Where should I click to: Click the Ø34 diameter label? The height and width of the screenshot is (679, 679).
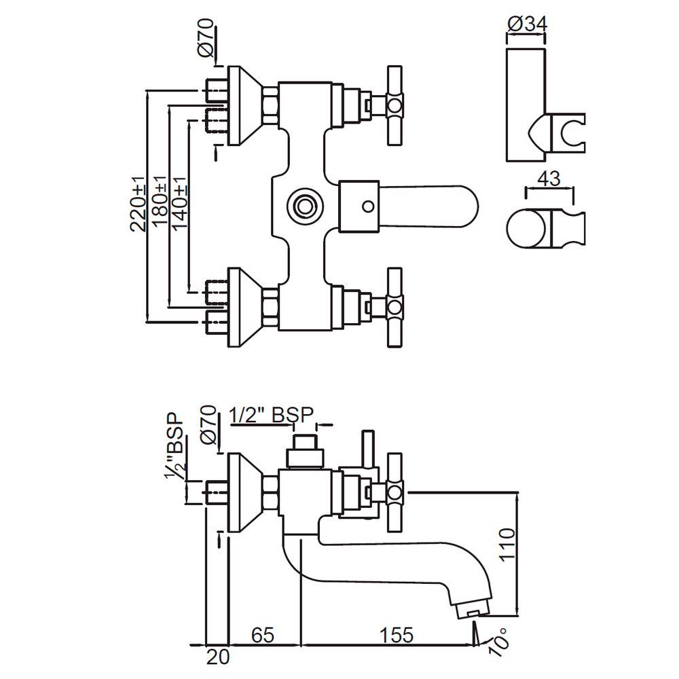526,24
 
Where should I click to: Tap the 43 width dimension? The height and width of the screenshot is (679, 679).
548,179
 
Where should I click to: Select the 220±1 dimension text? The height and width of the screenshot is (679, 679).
139,204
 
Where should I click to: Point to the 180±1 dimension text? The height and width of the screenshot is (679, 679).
158,204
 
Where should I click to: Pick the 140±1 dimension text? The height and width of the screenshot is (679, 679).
179,204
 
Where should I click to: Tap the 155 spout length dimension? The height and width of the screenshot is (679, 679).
397,635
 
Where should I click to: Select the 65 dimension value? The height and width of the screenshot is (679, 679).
263,635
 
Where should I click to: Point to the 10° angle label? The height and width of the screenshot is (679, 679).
500,641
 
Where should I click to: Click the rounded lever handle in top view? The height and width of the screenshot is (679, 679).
435,204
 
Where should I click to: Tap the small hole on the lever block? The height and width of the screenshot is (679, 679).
367,204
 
